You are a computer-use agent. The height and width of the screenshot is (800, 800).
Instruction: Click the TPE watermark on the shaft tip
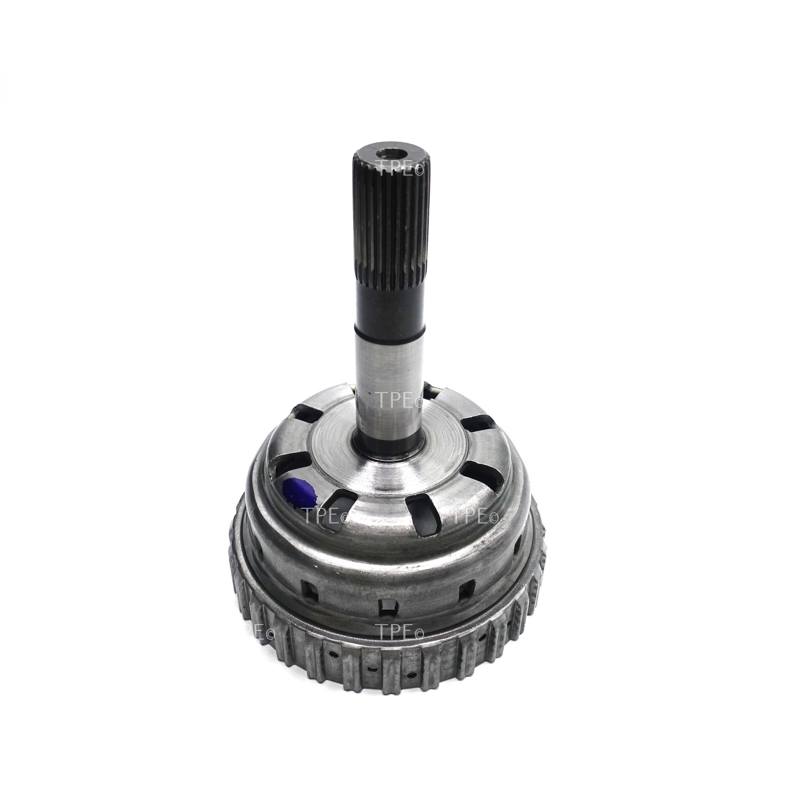[x=398, y=164]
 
